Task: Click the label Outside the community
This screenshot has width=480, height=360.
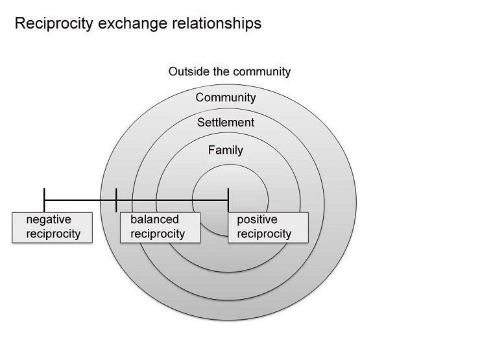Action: tap(230, 71)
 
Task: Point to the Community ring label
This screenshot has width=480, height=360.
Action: tap(226, 98)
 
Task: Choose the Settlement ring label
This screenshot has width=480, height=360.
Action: tap(226, 122)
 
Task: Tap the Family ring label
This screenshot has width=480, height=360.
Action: tap(226, 150)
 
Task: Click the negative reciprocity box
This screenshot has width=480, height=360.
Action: tap(53, 226)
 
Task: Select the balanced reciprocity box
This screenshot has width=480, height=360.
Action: tap(160, 226)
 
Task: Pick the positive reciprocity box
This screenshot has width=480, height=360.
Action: tap(268, 226)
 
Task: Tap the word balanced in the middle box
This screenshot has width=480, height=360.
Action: tap(154, 220)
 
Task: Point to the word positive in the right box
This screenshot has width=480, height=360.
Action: tap(258, 220)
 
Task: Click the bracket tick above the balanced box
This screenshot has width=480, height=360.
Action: tap(116, 200)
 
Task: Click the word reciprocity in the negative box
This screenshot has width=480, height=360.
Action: tap(54, 234)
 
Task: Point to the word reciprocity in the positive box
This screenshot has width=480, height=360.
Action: tap(264, 234)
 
